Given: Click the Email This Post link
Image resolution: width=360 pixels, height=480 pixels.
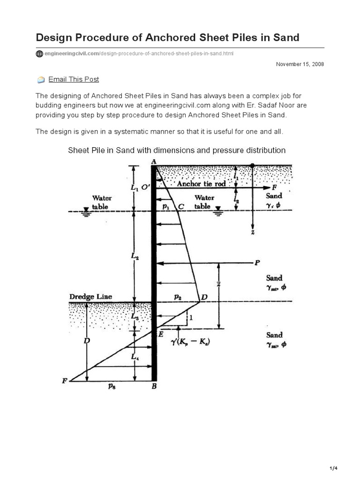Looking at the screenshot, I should tap(74, 79).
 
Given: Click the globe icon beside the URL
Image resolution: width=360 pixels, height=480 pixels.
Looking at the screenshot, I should tap(39, 54).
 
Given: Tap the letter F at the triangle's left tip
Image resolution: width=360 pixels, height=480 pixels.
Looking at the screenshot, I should tap(65, 381).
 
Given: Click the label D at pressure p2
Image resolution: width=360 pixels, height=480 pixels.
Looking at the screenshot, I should tap(204, 297).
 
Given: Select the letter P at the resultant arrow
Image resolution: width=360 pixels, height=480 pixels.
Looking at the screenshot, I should tap(256, 262).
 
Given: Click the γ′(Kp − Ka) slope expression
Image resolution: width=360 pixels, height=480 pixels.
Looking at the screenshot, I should tap(191, 342).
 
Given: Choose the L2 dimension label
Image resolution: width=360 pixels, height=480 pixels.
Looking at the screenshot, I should tap(135, 257).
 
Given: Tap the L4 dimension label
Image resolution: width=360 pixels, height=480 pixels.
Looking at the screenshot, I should tap(135, 357).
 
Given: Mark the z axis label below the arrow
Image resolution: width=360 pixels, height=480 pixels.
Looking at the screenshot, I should tap(253, 232).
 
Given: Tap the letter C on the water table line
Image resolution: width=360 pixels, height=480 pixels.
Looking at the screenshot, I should tap(181, 206).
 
